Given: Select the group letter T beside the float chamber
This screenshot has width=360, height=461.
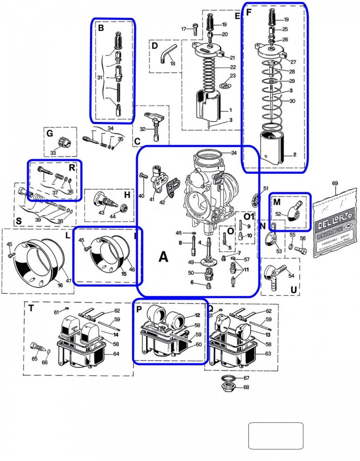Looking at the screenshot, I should click(31, 309).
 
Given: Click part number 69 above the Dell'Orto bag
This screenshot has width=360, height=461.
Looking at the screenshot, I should click(335, 184).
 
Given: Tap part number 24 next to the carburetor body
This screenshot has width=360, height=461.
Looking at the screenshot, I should click(233, 153).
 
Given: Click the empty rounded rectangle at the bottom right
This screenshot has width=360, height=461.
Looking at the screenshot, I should click(276, 436).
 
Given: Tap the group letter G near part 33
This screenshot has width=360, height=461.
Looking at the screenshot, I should click(50, 134).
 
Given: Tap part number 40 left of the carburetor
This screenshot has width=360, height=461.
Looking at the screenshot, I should click(141, 196).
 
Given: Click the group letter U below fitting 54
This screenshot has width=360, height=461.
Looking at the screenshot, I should click(293, 290).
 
